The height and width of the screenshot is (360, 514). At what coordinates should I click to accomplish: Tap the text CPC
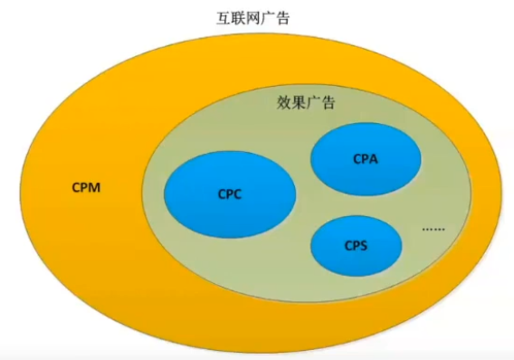[x=230, y=193]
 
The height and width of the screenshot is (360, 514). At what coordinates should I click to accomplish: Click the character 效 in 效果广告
[x=281, y=102]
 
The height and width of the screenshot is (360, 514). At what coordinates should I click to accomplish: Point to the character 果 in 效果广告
[x=297, y=102]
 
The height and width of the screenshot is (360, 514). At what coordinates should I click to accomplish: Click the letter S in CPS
[x=366, y=245]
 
